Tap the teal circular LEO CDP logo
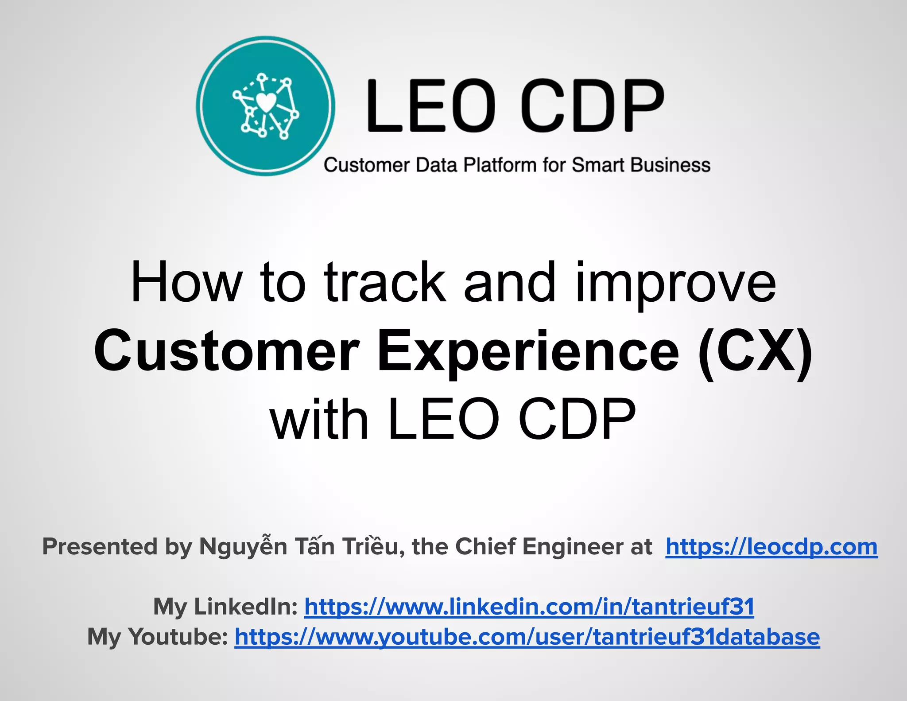coord(265,106)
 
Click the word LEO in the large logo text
coord(429,106)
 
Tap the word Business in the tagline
coord(671,165)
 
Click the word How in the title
coord(186,282)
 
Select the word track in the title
coord(384,282)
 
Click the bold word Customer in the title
coord(226,351)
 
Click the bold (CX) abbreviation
coord(755,351)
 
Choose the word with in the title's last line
coord(319,419)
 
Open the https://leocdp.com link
coord(771,547)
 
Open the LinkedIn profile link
coord(529,607)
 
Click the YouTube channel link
coord(527,637)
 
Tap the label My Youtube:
coord(158,637)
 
